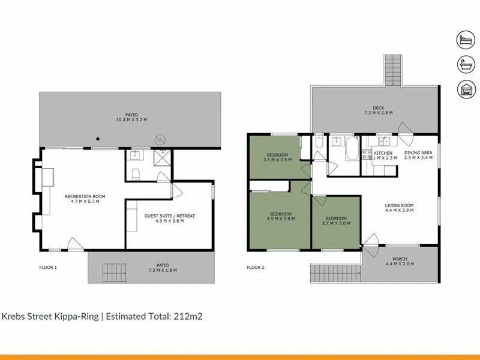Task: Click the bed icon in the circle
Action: [x=466, y=40]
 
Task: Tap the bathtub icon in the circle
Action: [x=466, y=65]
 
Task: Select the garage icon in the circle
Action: [x=466, y=89]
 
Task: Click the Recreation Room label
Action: [x=85, y=199]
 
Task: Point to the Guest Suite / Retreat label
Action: [x=170, y=218]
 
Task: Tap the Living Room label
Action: [x=399, y=208]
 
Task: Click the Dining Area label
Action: [x=418, y=155]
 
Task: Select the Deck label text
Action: [x=379, y=108]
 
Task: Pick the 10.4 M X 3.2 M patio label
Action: [x=131, y=117]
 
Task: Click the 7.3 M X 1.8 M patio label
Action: [x=163, y=268]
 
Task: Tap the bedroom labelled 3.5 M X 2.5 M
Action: [x=277, y=157]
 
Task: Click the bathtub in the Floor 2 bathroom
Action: [x=352, y=148]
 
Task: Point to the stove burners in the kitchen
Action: [x=367, y=154]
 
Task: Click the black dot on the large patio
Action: [x=98, y=139]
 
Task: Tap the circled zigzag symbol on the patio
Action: [x=160, y=140]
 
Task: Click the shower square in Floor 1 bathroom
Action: [x=162, y=158]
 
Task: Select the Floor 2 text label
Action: [x=256, y=268]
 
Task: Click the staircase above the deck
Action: [x=393, y=70]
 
